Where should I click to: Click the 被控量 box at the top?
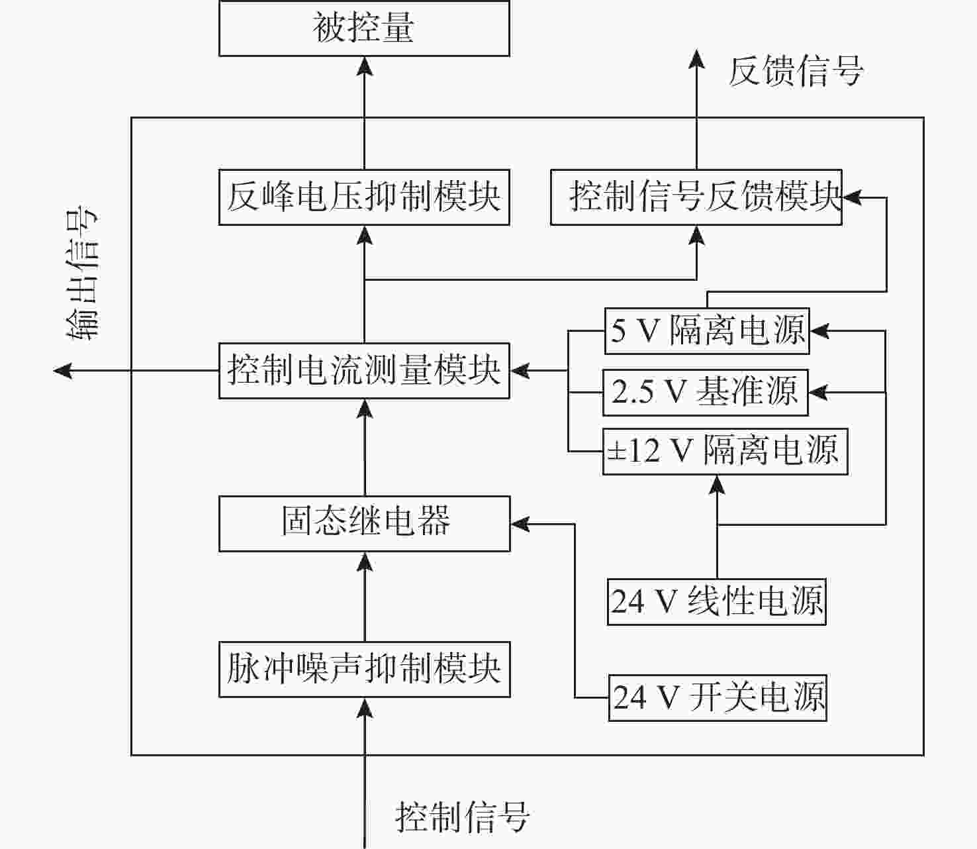pyautogui.click(x=364, y=28)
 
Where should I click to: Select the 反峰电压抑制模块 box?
pyautogui.click(x=364, y=197)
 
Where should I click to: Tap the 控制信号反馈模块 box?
pyautogui.click(x=696, y=197)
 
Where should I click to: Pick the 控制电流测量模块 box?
pyautogui.click(x=364, y=370)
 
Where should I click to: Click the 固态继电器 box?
pyautogui.click(x=364, y=524)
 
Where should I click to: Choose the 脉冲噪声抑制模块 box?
pyautogui.click(x=364, y=670)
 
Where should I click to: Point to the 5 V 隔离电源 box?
pyautogui.click(x=707, y=331)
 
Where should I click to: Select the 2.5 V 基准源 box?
pyautogui.click(x=706, y=392)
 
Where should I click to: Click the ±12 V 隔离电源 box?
pyautogui.click(x=725, y=452)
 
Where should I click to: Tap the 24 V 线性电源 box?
pyautogui.click(x=717, y=602)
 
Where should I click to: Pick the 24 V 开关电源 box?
pyautogui.click(x=718, y=698)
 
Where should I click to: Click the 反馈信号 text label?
pyautogui.click(x=796, y=71)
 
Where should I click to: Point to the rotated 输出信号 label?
pyautogui.click(x=82, y=273)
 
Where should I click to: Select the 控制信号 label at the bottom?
pyautogui.click(x=462, y=817)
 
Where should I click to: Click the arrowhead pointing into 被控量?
pyautogui.click(x=364, y=66)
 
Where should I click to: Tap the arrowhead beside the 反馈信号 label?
pyautogui.click(x=697, y=58)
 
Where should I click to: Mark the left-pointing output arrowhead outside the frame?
pyautogui.click(x=63, y=370)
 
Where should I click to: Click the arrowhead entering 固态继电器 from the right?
pyautogui.click(x=520, y=524)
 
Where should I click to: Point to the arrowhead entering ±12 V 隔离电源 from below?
pyautogui.click(x=718, y=485)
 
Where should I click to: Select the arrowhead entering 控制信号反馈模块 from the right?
pyautogui.click(x=853, y=197)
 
